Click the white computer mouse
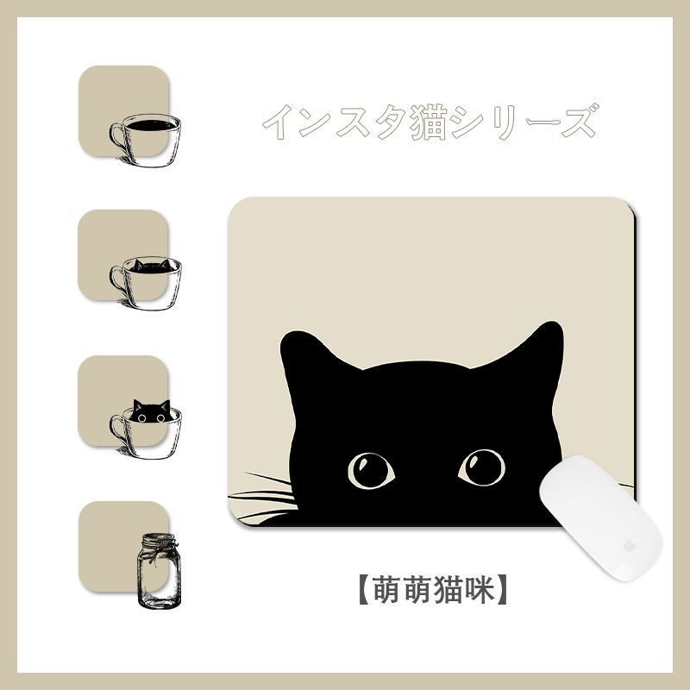click(x=600, y=518)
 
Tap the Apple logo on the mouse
click(x=630, y=546)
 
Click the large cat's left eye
click(x=371, y=470)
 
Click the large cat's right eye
click(x=482, y=467)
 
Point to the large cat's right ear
click(x=536, y=346)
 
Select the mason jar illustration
click(x=159, y=571)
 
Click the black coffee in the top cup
click(x=152, y=125)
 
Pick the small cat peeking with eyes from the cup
click(x=152, y=411)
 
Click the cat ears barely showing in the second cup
click(x=152, y=265)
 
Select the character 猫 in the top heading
click(x=429, y=123)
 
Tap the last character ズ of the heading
click(x=580, y=121)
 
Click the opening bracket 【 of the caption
click(x=363, y=590)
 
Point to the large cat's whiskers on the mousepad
click(x=263, y=499)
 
